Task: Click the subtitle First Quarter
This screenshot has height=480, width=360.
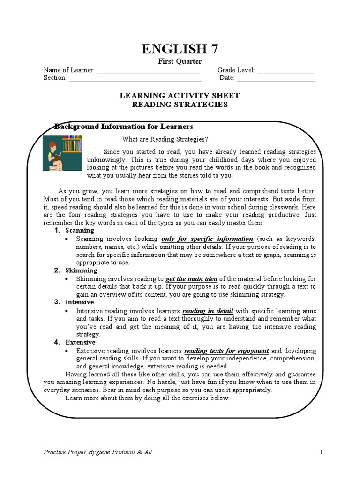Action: click(x=180, y=61)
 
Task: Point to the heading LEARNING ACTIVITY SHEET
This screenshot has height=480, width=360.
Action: click(x=180, y=96)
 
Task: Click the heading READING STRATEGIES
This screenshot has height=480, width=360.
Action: click(x=180, y=105)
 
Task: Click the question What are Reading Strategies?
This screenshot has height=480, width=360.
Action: click(x=165, y=139)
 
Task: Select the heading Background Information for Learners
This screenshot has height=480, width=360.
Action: click(x=124, y=127)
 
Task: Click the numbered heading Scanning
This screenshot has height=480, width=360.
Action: click(x=80, y=231)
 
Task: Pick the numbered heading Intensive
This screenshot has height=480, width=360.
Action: click(x=80, y=302)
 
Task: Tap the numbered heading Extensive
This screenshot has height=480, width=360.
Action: click(x=80, y=342)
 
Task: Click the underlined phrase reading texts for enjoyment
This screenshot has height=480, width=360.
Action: click(x=226, y=351)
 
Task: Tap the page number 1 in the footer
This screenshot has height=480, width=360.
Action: click(x=322, y=452)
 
